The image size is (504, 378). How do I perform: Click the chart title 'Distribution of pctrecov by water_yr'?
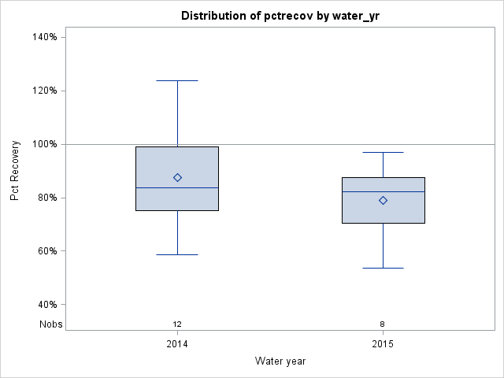(x=280, y=16)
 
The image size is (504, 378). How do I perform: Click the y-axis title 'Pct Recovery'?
(x=16, y=171)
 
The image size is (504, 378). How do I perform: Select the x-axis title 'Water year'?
(x=280, y=361)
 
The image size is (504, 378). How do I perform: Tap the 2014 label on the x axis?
(x=177, y=345)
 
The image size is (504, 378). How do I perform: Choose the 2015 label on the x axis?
(x=383, y=345)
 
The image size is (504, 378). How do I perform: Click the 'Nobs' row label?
(x=51, y=324)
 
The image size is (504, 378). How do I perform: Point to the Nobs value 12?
(x=177, y=324)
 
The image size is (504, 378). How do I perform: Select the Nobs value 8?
(x=383, y=324)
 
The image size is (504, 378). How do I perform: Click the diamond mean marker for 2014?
(x=177, y=177)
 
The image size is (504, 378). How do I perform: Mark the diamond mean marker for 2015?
(x=383, y=200)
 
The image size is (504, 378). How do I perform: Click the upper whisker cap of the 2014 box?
(x=177, y=80)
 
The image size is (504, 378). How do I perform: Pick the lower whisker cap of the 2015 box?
(x=383, y=268)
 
